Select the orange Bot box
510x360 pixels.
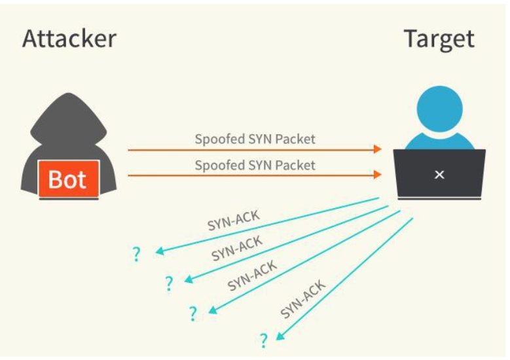[x=67, y=179]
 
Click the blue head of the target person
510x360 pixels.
[x=439, y=107]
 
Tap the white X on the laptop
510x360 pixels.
[x=439, y=175]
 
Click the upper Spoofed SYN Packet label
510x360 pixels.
[x=255, y=139]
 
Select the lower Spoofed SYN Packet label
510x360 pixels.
[x=255, y=165]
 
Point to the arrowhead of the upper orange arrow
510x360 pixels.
[x=378, y=150]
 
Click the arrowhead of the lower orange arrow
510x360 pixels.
[x=378, y=175]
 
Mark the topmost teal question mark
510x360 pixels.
[x=136, y=254]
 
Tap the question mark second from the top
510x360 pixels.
[x=169, y=283]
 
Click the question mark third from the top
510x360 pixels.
[x=192, y=314]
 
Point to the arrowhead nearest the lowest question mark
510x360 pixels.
[x=280, y=336]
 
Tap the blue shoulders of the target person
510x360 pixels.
[x=439, y=140]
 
